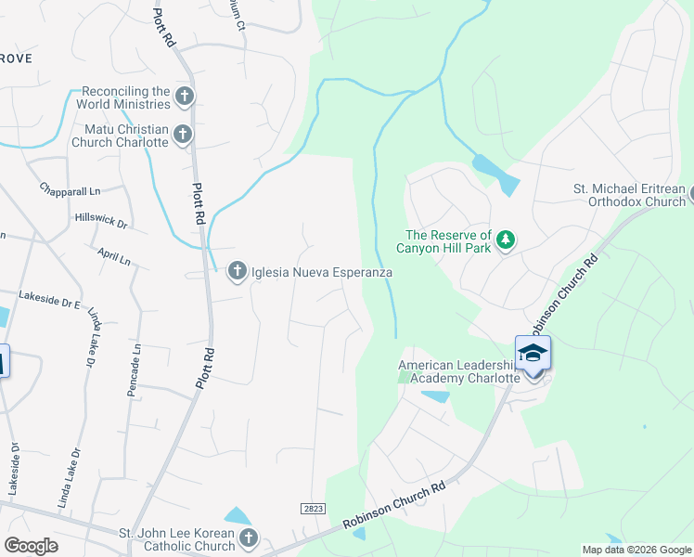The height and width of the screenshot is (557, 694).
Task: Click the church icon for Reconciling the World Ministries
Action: click(184, 96)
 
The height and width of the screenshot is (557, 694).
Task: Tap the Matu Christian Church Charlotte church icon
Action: click(182, 135)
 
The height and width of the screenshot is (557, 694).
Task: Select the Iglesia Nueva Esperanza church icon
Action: click(237, 271)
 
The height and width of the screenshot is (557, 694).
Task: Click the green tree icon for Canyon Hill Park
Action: click(505, 240)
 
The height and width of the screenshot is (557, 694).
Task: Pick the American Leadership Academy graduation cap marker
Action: click(533, 353)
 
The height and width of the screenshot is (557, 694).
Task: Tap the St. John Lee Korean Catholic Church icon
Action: click(248, 538)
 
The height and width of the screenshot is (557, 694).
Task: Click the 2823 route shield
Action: click(313, 508)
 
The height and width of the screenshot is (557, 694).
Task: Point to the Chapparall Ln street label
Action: click(70, 189)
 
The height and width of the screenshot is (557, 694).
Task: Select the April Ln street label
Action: click(113, 257)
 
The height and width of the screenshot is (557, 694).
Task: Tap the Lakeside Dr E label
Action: click(50, 300)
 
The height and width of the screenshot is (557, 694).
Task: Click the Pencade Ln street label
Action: click(134, 370)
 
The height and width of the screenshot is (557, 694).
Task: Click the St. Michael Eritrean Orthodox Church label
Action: click(628, 195)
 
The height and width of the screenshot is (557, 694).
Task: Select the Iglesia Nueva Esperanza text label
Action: click(321, 273)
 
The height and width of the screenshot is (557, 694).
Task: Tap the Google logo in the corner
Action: click(31, 546)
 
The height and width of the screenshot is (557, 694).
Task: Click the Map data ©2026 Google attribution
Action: click(636, 550)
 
